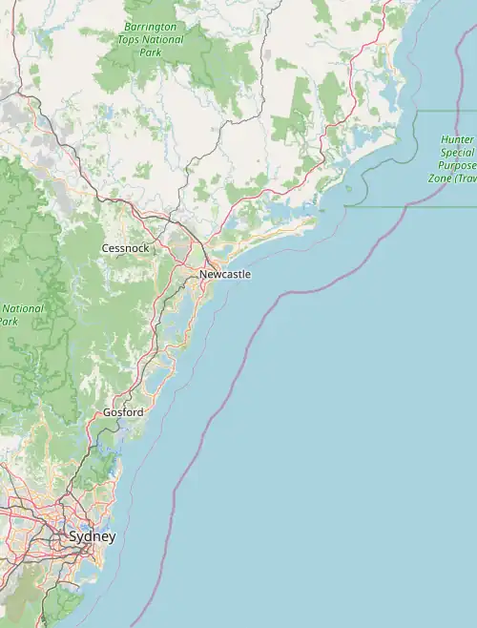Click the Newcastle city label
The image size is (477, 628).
tap(225, 275)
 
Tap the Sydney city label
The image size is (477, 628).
tap(92, 537)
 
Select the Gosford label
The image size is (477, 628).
tap(123, 412)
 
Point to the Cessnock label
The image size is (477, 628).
tap(124, 248)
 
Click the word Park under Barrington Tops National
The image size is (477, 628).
tap(151, 52)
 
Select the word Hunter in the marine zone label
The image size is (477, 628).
tap(457, 139)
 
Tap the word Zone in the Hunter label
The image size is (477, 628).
tap(440, 178)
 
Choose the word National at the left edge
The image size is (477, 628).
tap(21, 308)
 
